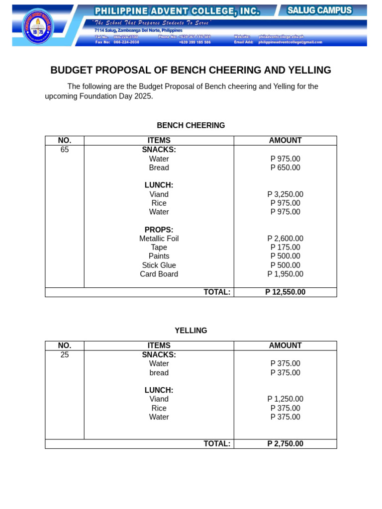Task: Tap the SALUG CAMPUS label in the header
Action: point(319,10)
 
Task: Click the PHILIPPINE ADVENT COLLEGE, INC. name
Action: point(177,11)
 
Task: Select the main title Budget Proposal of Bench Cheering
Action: point(191,70)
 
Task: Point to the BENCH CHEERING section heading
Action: point(191,125)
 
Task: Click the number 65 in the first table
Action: point(65,150)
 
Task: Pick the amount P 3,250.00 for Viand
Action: point(285,194)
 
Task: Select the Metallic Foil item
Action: point(159,239)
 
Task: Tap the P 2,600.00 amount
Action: point(285,239)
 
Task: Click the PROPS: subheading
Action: point(159,230)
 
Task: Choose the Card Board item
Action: point(159,274)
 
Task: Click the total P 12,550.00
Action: point(285,292)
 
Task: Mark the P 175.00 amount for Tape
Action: point(285,248)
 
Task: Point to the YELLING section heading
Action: point(191,331)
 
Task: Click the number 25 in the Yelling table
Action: point(65,354)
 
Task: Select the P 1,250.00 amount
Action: point(285,399)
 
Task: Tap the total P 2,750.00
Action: point(285,444)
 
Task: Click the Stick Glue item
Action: point(159,265)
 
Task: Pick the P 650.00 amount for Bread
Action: point(285,168)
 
